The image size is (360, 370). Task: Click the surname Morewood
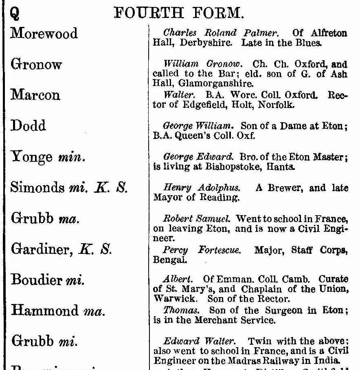pyautogui.click(x=44, y=33)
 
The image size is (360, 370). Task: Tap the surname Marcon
pyautogui.click(x=35, y=95)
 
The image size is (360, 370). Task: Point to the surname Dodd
pyautogui.click(x=27, y=126)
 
